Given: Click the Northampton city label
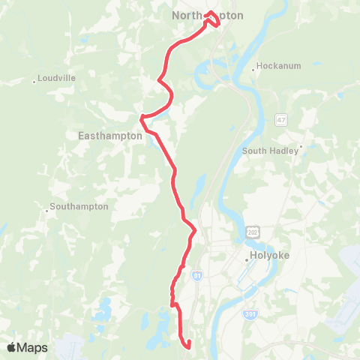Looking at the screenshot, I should tap(208, 15).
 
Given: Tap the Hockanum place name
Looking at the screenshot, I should tap(279, 66).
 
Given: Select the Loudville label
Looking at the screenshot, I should tap(55, 77).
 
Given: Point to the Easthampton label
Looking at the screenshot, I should tap(110, 136).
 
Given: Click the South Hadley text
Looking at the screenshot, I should tap(271, 151).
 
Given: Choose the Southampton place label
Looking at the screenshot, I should tap(79, 206).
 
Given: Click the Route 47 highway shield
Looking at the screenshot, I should tap(281, 120).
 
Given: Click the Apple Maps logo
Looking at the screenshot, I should tap(27, 347).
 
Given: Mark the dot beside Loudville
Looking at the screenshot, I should tap(34, 82).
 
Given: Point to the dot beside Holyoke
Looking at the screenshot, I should tap(247, 260).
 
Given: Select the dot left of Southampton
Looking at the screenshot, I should tap(46, 211).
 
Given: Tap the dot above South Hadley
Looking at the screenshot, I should tap(301, 146).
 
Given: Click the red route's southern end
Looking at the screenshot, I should tap(188, 346).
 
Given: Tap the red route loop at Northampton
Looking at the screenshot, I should tap(212, 19).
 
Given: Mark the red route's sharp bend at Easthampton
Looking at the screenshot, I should tap(142, 118).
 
